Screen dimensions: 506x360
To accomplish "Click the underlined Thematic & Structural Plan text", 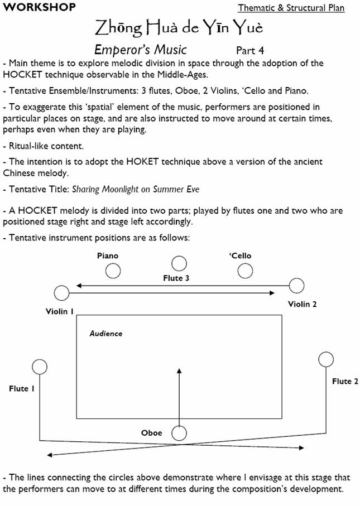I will [x=291, y=8].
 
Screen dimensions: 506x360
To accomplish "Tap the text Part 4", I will [x=250, y=50].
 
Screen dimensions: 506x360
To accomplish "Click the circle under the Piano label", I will [x=113, y=271].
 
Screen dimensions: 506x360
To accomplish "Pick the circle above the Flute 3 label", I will [x=179, y=263].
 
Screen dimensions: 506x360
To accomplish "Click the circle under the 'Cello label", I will [x=246, y=271].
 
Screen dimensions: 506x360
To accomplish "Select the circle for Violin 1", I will [x=61, y=293].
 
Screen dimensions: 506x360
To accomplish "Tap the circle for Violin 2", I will [x=296, y=286].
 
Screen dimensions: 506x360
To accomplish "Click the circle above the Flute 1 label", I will [x=40, y=367].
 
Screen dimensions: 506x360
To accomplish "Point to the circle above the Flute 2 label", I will [x=325, y=360].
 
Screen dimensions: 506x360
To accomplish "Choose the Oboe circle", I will [x=179, y=433].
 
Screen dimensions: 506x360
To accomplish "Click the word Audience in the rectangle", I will [x=106, y=334].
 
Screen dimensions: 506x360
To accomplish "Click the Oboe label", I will [x=152, y=433].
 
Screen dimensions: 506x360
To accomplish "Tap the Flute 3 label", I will [x=176, y=278].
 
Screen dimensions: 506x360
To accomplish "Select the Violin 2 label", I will [x=302, y=304].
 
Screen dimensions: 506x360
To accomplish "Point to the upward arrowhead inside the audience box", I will [x=179, y=370].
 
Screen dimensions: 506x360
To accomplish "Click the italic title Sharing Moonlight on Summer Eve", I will [x=136, y=189].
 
